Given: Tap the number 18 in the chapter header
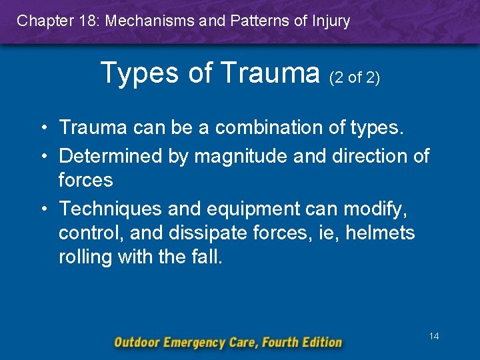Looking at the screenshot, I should tap(87, 21).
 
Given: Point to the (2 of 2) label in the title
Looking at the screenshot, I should tap(355, 78).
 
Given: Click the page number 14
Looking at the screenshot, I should tap(434, 337).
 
